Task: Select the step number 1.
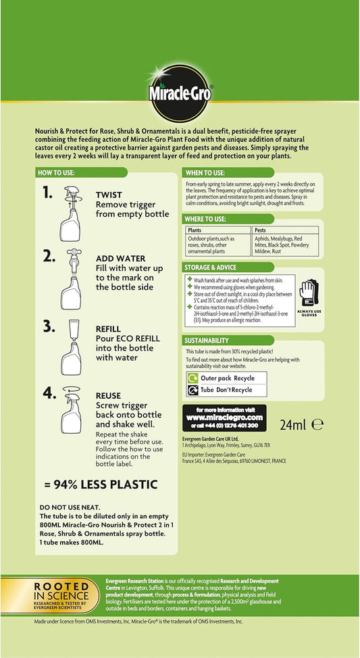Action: tap(47, 193)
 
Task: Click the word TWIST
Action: tap(109, 195)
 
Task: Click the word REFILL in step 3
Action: tap(108, 329)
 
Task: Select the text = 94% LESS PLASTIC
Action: tap(101, 484)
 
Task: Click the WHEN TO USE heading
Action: tap(206, 173)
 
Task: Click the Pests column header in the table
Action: tap(261, 230)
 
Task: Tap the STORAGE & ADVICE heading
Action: tap(211, 268)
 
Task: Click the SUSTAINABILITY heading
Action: tap(209, 340)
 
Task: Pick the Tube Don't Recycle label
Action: tap(226, 390)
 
